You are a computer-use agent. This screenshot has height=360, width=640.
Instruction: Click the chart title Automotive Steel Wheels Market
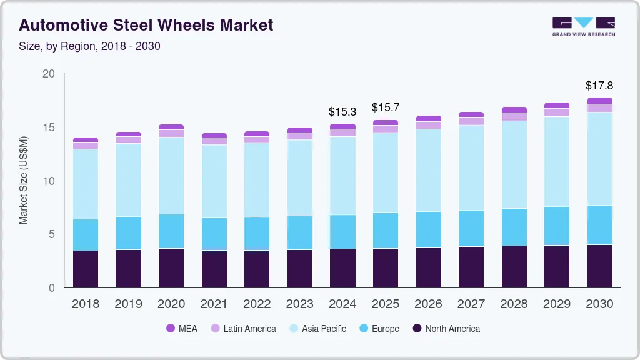click(146, 26)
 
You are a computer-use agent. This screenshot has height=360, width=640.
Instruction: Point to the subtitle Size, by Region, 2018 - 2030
click(89, 46)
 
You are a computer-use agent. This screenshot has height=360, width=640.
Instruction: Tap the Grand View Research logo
click(584, 26)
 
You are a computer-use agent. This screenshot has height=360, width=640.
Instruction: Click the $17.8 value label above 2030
click(599, 86)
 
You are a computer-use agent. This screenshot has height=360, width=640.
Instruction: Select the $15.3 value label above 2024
click(342, 112)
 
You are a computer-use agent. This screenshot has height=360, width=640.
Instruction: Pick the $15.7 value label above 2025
click(385, 108)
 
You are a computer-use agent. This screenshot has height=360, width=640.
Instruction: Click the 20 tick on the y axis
click(49, 74)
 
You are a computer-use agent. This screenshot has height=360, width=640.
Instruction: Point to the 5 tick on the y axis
click(52, 235)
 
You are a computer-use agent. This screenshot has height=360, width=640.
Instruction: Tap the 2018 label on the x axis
click(86, 304)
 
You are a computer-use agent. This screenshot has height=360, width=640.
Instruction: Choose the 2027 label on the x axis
click(471, 304)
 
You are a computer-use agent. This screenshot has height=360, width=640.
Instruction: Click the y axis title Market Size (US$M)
click(23, 180)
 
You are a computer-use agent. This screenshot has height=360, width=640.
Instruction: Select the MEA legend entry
click(181, 328)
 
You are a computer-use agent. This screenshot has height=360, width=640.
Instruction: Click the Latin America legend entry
click(243, 328)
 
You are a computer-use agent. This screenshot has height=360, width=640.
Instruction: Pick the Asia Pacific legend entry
click(317, 328)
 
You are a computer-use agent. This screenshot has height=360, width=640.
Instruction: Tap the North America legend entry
click(446, 328)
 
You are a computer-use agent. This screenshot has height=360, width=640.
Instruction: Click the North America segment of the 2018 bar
click(86, 269)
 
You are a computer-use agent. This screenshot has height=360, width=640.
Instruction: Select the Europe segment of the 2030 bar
click(599, 225)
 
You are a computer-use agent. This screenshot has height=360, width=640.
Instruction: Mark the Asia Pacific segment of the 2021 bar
click(214, 181)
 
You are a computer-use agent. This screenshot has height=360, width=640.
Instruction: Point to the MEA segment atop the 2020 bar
click(171, 127)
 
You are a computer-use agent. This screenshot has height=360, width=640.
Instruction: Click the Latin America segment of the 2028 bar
click(514, 117)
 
